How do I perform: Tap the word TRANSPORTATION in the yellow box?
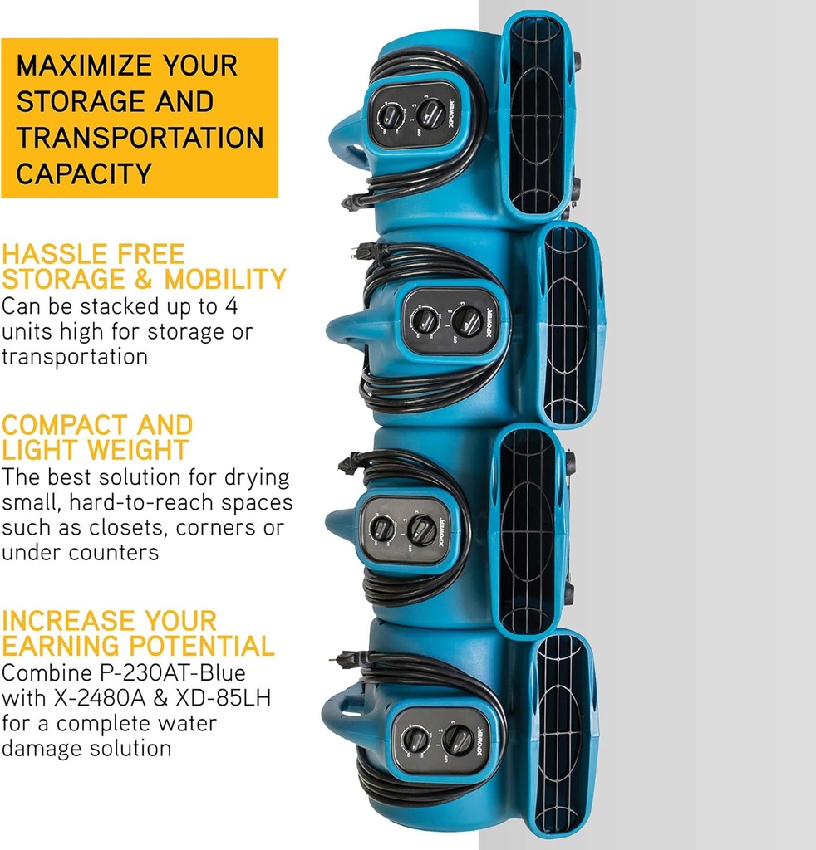pyautogui.click(x=140, y=138)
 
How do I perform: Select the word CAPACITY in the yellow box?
pyautogui.click(x=84, y=174)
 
